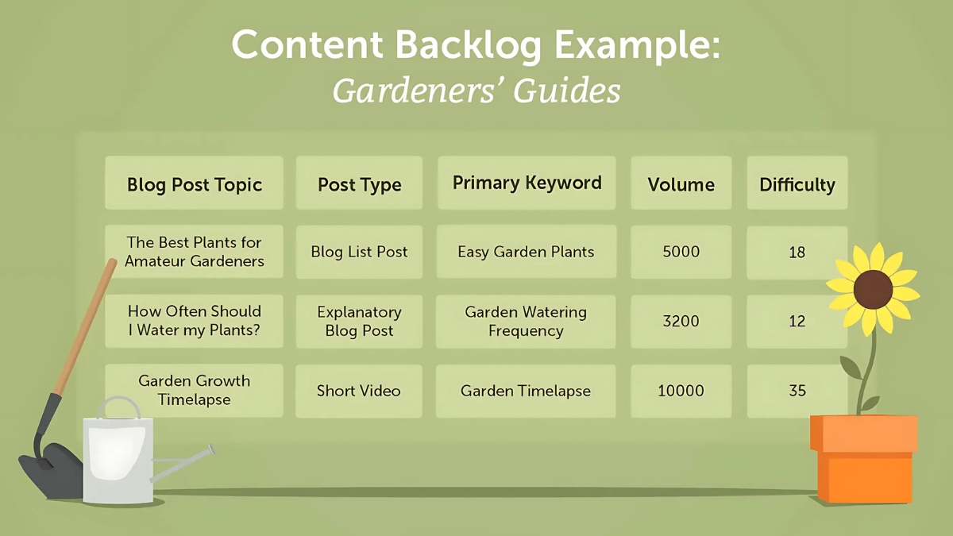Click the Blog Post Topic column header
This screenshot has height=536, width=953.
point(194,183)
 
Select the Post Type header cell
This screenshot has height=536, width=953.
point(360,183)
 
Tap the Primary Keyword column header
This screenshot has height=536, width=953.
point(527,183)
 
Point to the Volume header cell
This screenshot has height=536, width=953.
point(681,183)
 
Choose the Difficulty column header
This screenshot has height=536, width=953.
point(797,183)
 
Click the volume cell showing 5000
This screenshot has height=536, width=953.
point(681,252)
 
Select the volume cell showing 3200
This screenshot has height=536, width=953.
point(681,322)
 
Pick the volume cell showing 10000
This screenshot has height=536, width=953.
point(681,391)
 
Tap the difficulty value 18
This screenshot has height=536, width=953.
point(797,253)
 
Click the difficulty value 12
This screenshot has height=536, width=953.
point(797,322)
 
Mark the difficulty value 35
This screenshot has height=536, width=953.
point(797,391)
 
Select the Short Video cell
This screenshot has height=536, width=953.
point(359,391)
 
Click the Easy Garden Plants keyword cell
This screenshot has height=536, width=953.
point(527,252)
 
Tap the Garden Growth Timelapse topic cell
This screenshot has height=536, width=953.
point(194,390)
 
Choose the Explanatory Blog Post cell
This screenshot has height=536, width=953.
point(360,322)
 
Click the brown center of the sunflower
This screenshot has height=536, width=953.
point(873,290)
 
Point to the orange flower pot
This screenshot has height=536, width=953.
point(864,459)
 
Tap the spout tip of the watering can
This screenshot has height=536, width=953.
point(211,449)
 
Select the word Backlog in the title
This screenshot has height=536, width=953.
point(468,46)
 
